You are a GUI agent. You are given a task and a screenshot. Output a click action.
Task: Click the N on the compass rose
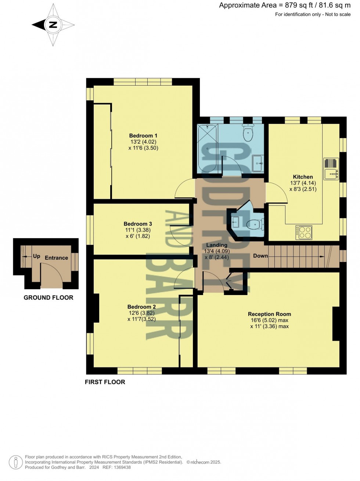pos(53,25)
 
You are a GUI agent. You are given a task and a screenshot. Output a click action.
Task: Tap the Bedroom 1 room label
pos(143,136)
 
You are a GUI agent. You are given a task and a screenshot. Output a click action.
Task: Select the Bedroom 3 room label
pos(138,224)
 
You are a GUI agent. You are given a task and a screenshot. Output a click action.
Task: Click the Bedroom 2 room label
pos(141,307)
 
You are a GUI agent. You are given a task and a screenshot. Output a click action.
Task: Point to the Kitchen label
pos(303,177)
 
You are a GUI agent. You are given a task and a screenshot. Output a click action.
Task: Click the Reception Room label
pos(269,314)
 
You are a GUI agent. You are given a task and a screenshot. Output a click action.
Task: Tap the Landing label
pos(217,245)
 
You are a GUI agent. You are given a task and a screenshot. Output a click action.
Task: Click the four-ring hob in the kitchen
pos(304,233)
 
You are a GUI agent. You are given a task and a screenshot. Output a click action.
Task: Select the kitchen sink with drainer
pos(331,169)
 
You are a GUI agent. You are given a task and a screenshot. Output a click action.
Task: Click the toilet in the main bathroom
pos(248,133)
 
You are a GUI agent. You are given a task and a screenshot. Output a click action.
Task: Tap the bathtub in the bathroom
pos(208,148)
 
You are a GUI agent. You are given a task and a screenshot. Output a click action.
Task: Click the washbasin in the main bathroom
pos(258,163)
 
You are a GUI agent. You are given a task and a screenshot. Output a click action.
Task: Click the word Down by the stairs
pos(260,256)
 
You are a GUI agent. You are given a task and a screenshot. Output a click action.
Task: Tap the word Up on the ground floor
pos(37,256)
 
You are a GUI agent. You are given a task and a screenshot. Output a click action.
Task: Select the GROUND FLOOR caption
pos(48,298)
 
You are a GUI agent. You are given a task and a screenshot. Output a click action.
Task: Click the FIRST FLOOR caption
pos(105,382)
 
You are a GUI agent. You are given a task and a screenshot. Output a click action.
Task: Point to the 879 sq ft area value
pos(299,6)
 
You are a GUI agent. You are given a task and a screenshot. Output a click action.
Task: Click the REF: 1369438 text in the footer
pos(116,467)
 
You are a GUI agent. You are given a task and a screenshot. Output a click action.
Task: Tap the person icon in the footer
pos(15,462)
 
